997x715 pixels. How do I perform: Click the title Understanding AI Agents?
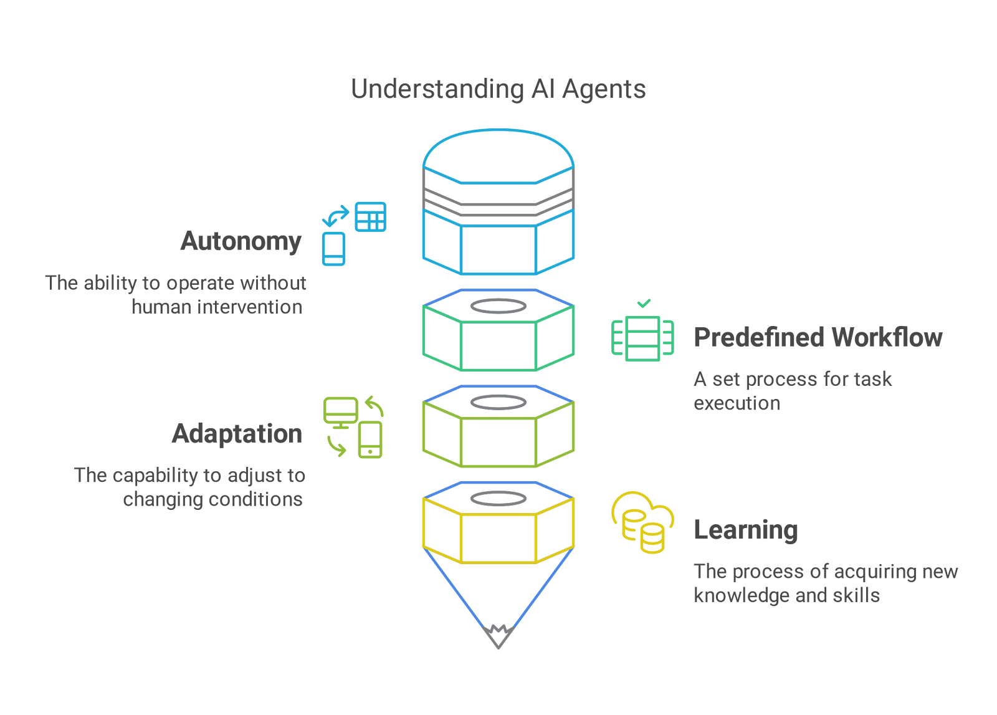click(498, 89)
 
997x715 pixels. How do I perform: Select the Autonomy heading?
click(241, 241)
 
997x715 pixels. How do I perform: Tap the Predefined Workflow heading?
click(818, 337)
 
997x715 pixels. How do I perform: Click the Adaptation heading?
click(237, 434)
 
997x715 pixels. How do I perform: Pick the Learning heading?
click(745, 530)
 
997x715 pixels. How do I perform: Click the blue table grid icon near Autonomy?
click(371, 217)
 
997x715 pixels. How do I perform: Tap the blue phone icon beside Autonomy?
click(333, 249)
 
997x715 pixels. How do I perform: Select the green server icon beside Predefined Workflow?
click(642, 338)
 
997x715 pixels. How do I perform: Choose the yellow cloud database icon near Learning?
click(642, 522)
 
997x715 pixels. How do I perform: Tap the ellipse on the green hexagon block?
click(498, 306)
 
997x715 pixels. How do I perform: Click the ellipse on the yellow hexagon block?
click(498, 499)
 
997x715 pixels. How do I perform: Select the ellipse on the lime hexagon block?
click(498, 402)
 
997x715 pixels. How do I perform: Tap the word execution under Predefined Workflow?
click(737, 403)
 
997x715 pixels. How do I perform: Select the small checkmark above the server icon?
click(644, 304)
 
